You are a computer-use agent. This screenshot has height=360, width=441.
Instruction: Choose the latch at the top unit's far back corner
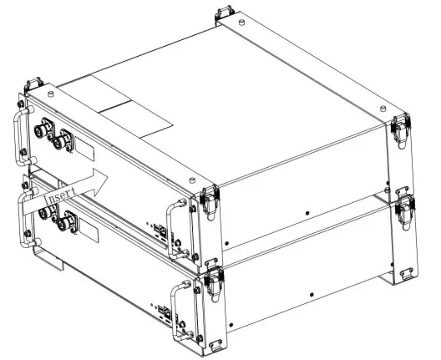pos(221,16)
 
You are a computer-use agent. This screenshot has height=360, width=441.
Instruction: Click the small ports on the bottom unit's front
pos(163,315)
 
